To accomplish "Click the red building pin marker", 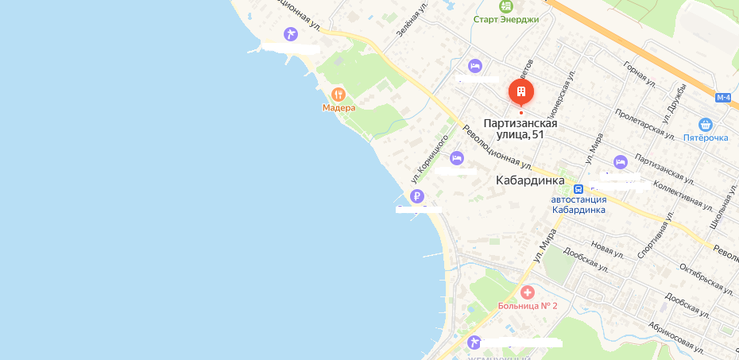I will pyautogui.click(x=521, y=93).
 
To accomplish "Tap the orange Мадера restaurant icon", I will pyautogui.click(x=339, y=94).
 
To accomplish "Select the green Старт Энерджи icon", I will pyautogui.click(x=505, y=6).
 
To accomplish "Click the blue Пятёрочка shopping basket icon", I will pyautogui.click(x=705, y=125).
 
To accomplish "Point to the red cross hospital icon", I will pyautogui.click(x=527, y=294).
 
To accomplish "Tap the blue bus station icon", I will pyautogui.click(x=578, y=189).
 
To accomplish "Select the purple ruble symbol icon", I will pyautogui.click(x=417, y=196).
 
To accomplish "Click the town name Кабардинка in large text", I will pyautogui.click(x=529, y=180).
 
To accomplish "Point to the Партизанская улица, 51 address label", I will pyautogui.click(x=520, y=129).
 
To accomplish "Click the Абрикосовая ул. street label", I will pyautogui.click(x=676, y=337).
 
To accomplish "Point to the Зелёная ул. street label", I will pyautogui.click(x=412, y=18).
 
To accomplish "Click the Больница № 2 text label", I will pyautogui.click(x=528, y=306).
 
